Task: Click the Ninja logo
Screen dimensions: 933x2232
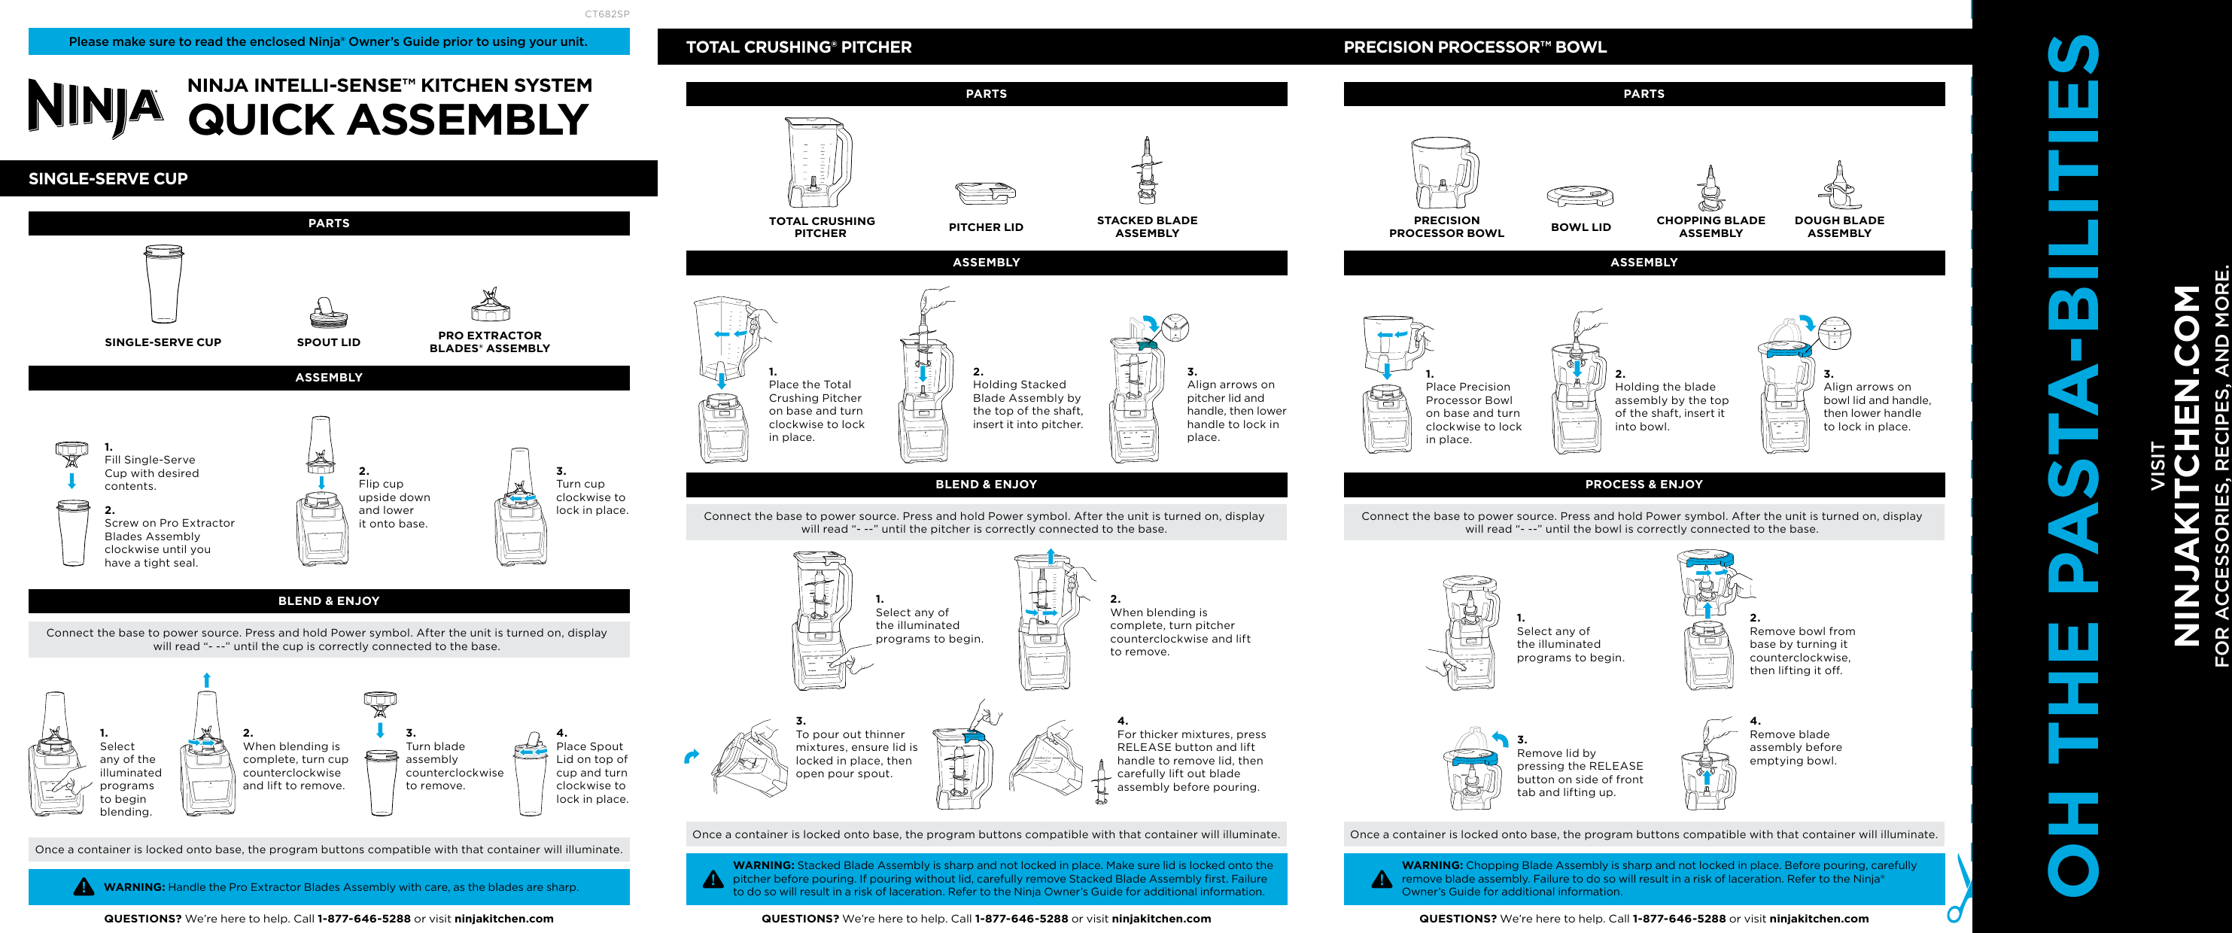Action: click(x=96, y=108)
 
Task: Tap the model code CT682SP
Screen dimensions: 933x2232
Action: click(x=607, y=14)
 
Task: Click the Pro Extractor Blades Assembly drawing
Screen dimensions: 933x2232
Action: click(x=491, y=305)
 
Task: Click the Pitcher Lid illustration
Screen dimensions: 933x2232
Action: click(x=985, y=193)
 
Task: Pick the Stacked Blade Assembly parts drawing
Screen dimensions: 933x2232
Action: click(x=1147, y=171)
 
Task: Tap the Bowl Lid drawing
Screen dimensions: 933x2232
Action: click(x=1580, y=196)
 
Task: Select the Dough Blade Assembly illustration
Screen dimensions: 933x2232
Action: click(x=1838, y=185)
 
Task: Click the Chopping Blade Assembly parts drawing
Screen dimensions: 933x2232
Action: click(x=1710, y=188)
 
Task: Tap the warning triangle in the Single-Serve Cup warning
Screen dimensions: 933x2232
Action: click(x=84, y=886)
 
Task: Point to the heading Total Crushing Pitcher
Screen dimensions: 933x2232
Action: click(x=798, y=47)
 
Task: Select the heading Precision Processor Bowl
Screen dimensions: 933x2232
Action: click(x=1475, y=47)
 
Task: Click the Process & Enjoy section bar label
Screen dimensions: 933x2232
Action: click(x=1644, y=485)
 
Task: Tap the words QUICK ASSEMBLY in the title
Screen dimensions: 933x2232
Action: click(x=388, y=120)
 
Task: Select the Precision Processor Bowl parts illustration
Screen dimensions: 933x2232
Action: click(x=1443, y=173)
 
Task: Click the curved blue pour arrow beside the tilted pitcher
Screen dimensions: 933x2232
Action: click(x=692, y=756)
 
